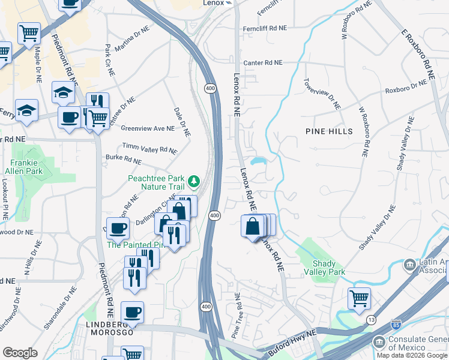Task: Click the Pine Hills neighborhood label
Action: [329, 131]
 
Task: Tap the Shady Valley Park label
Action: [328, 268]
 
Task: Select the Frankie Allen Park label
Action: [26, 167]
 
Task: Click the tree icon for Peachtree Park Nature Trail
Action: [194, 181]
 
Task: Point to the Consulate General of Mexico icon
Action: [379, 343]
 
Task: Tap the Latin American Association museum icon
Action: [409, 265]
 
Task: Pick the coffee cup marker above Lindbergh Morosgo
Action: [132, 312]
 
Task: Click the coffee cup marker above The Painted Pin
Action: [119, 227]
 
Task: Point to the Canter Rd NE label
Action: [262, 62]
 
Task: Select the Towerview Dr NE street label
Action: [322, 94]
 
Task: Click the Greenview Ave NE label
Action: [147, 128]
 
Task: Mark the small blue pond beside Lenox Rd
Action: [259, 161]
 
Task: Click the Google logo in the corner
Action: [20, 352]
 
